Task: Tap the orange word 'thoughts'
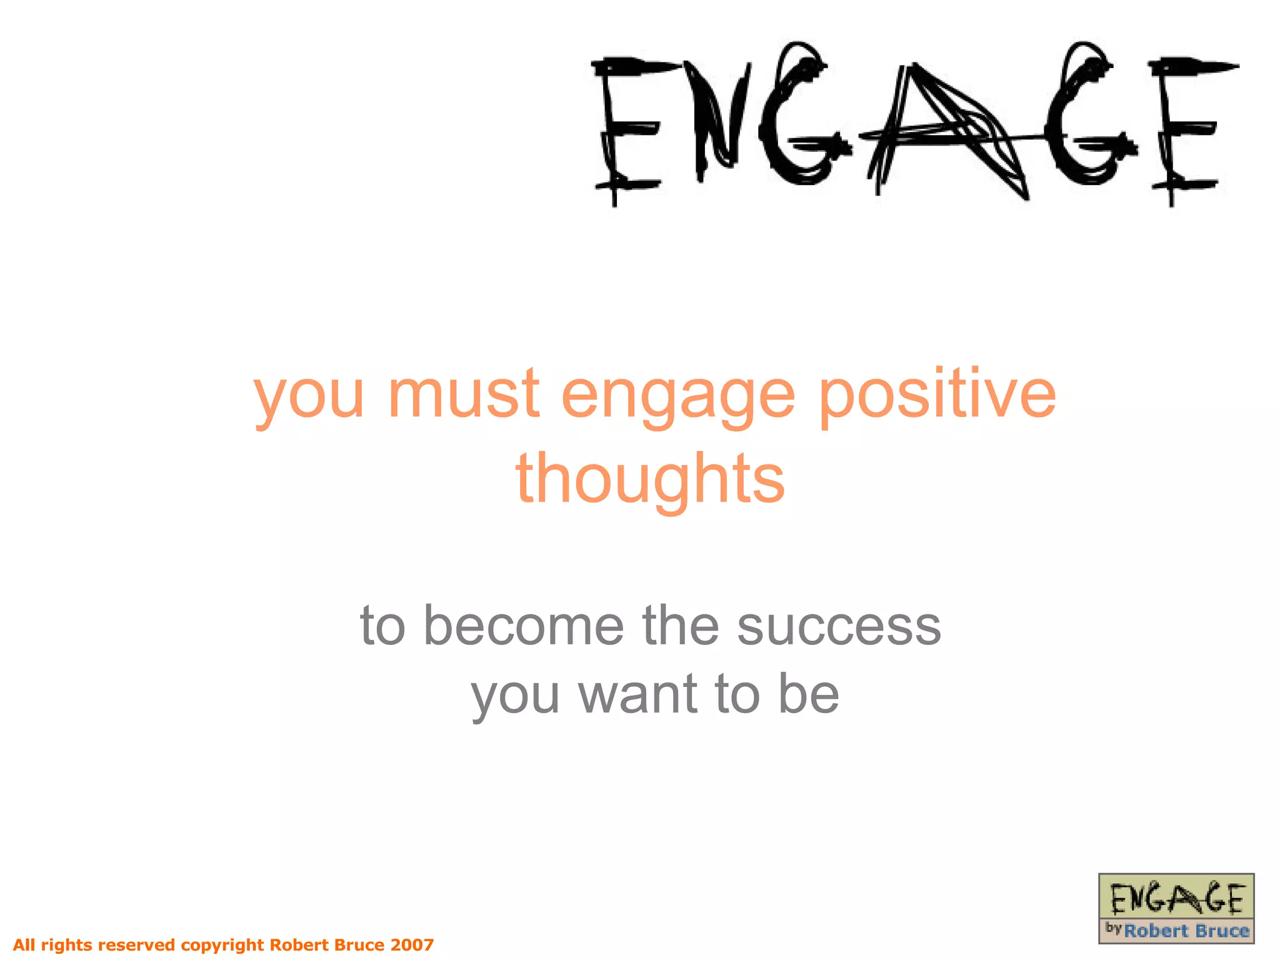[x=650, y=478]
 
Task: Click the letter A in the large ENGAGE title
[x=944, y=131]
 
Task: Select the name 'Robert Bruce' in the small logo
[x=1186, y=931]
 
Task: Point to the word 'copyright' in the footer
[x=222, y=944]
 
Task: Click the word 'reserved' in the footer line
[x=136, y=944]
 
